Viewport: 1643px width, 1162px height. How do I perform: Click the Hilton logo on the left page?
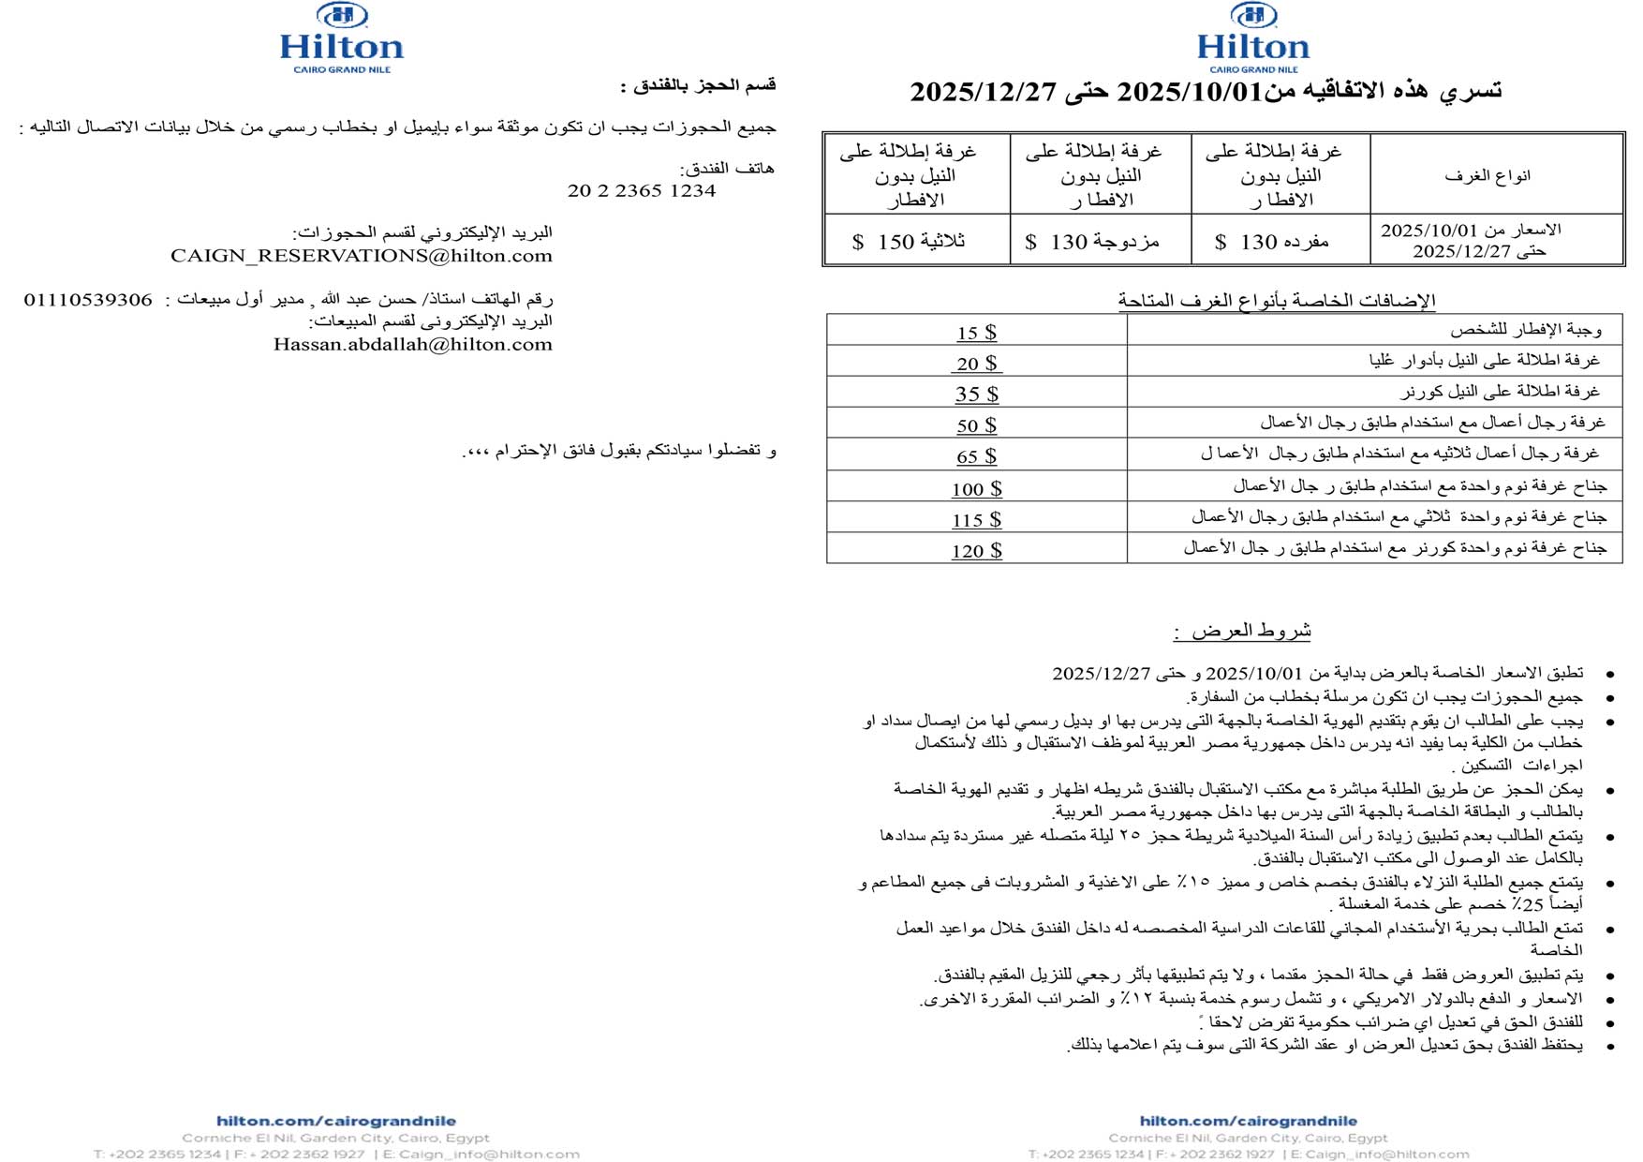tap(342, 37)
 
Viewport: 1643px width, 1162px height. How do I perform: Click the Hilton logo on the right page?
tap(1253, 37)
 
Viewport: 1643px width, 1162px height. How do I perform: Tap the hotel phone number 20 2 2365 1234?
tap(642, 190)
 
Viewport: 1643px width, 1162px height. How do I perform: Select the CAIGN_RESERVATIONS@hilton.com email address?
tap(362, 256)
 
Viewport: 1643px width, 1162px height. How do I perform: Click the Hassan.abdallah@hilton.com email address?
tap(413, 344)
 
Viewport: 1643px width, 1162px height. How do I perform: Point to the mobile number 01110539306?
tap(88, 300)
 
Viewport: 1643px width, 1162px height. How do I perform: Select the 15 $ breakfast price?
tap(976, 333)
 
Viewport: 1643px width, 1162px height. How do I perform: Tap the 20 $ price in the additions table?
tap(976, 364)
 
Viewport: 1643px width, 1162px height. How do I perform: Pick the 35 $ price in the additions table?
tap(976, 395)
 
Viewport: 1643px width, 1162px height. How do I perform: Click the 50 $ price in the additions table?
tap(976, 425)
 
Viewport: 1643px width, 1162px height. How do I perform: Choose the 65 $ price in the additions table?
tap(976, 456)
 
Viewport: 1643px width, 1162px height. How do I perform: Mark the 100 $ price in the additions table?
tap(976, 488)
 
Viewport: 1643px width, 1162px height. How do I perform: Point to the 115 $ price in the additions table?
tap(976, 519)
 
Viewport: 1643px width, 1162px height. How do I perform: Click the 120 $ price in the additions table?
tap(976, 551)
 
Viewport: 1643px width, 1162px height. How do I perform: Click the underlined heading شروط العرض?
tap(1242, 631)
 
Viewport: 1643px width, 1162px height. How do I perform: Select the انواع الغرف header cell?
tap(1487, 175)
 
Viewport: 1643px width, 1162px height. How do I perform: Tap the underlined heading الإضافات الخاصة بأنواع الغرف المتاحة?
tap(1276, 300)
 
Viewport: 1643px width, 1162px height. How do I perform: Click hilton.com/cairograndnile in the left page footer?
tap(336, 1121)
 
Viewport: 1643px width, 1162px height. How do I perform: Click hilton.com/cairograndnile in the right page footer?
tap(1248, 1121)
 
